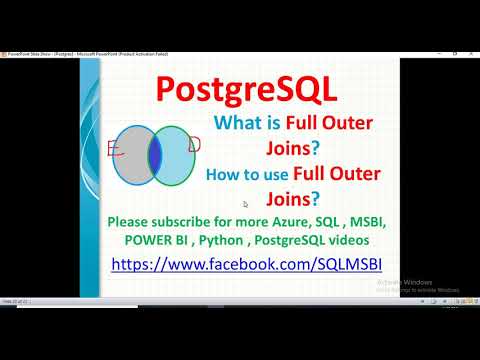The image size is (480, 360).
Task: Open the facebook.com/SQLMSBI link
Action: tap(245, 265)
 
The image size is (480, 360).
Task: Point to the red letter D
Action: tap(194, 146)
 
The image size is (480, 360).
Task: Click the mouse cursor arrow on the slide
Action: tap(245, 204)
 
